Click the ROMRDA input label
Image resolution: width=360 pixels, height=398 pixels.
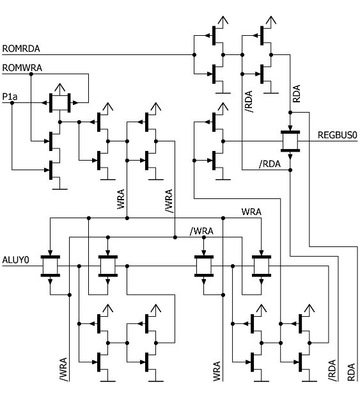(21, 49)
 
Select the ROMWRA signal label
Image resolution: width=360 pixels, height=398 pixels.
(22, 68)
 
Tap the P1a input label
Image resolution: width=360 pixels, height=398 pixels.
(10, 97)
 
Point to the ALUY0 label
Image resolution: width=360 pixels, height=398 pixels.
(16, 260)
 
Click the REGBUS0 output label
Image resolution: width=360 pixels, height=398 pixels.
(338, 135)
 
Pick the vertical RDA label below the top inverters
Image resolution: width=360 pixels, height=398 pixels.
(296, 93)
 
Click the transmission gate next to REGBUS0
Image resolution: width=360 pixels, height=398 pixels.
(290, 141)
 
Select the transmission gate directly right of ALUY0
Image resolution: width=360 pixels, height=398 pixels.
(51, 266)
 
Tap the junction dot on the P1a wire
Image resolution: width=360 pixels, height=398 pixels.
(12, 103)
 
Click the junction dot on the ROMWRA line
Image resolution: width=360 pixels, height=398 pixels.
(31, 74)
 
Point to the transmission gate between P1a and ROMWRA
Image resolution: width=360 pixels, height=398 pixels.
(60, 103)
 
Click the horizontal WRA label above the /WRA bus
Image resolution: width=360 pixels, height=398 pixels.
(251, 212)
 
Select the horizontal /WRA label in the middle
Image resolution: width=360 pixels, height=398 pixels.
(201, 231)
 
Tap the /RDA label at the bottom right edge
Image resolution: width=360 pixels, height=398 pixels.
(332, 370)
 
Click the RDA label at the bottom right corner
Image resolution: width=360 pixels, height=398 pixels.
(351, 372)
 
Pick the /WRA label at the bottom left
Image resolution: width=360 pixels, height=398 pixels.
(63, 369)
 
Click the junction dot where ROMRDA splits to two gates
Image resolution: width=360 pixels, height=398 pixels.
(194, 54)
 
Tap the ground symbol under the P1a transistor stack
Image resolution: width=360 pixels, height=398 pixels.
(60, 189)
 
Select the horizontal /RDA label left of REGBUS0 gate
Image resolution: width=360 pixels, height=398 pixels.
(270, 164)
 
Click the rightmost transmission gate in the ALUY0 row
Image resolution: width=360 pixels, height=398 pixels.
(262, 266)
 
